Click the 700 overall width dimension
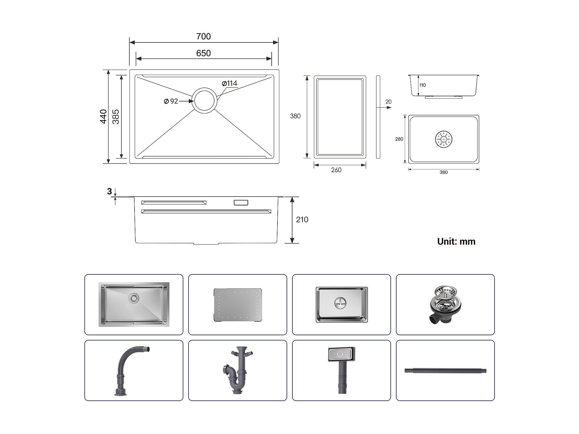[x=203, y=36]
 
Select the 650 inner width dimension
[x=203, y=53]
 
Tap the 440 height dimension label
[x=104, y=116]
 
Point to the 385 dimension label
[x=116, y=117]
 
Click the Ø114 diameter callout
[x=229, y=83]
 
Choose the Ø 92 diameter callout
[x=171, y=101]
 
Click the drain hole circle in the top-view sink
[x=205, y=100]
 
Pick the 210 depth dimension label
[x=302, y=220]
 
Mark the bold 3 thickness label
[x=109, y=192]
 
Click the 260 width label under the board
[x=336, y=170]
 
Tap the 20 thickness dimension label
[x=388, y=102]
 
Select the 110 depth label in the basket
[x=422, y=85]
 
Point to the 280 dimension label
[x=399, y=139]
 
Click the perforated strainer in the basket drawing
[x=444, y=139]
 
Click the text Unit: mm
[x=456, y=241]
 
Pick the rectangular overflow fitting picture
[x=341, y=370]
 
